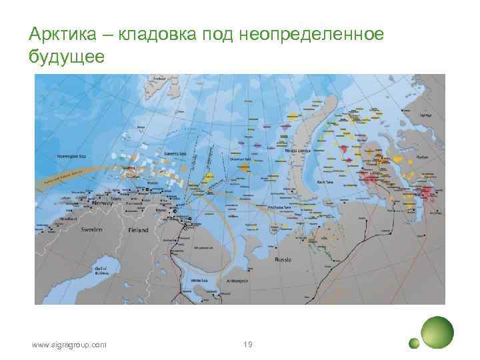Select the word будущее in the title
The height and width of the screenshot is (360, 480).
pos(67,57)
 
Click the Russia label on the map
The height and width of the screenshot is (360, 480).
pos(283,260)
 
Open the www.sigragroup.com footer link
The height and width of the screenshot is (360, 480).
pos(69,345)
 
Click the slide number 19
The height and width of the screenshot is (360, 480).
pos(247,345)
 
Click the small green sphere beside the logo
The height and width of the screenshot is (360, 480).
pos(414,343)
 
